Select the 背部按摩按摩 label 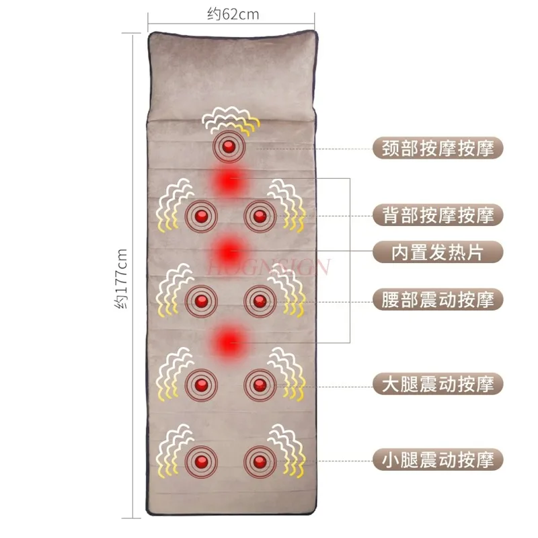437,215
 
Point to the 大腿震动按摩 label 437,384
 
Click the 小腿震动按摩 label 437,460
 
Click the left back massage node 201,216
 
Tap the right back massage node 259,216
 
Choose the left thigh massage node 201,384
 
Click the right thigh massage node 259,384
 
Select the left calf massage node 201,460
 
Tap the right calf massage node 259,460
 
